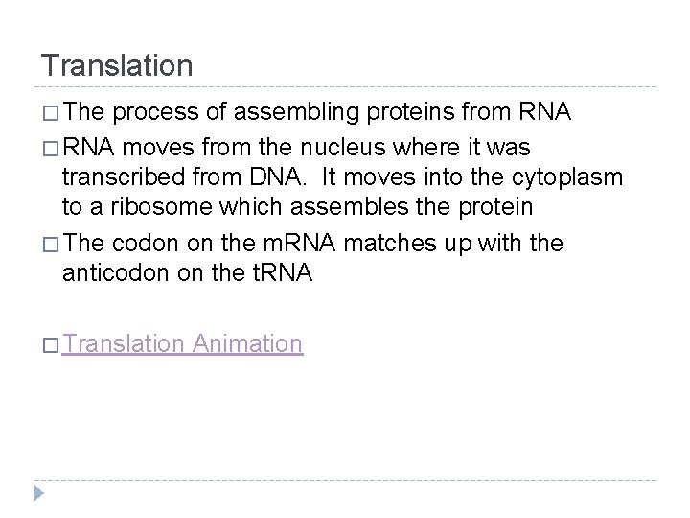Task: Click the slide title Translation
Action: coord(117,65)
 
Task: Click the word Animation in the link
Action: coord(247,343)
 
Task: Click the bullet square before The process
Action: coord(49,114)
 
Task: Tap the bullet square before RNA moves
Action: coord(49,150)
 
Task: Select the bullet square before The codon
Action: coord(49,245)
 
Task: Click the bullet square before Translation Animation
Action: coord(49,344)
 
